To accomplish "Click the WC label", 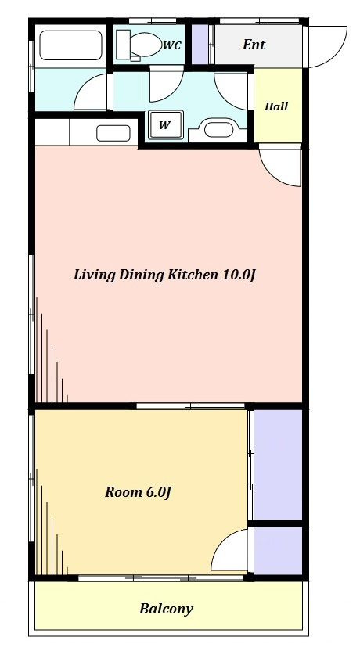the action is click(x=172, y=45).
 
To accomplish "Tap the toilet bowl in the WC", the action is click(x=146, y=44).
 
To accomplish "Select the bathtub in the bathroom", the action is click(x=71, y=45).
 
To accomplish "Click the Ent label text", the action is click(x=254, y=45).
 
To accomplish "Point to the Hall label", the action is click(x=276, y=106).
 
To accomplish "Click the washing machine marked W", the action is click(x=165, y=125).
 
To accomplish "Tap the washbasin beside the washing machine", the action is click(x=218, y=129).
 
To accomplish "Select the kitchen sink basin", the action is click(x=113, y=133).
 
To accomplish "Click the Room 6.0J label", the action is click(x=139, y=492).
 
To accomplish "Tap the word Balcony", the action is click(x=166, y=609).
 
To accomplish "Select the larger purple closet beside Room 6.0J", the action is click(x=278, y=464).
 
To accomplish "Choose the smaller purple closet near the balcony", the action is click(x=278, y=551).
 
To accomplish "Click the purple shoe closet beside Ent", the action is click(x=200, y=45).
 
